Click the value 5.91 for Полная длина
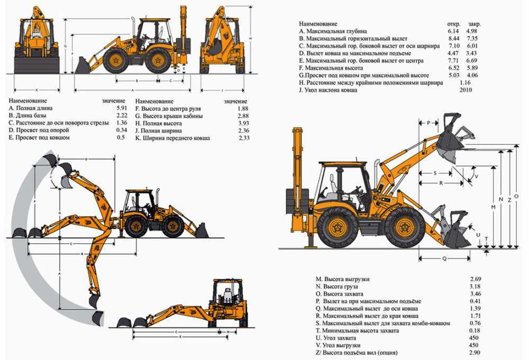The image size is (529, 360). coord(121,108)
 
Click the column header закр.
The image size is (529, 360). coord(475,24)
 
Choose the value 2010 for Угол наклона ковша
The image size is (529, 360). coord(466,91)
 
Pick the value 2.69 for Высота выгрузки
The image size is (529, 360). coord(475,279)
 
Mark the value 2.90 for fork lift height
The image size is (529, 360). coord(475,353)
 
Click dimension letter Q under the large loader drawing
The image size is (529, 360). coord(444,258)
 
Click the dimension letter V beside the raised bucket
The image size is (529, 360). coord(476,176)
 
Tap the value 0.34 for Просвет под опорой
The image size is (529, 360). coord(121,130)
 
